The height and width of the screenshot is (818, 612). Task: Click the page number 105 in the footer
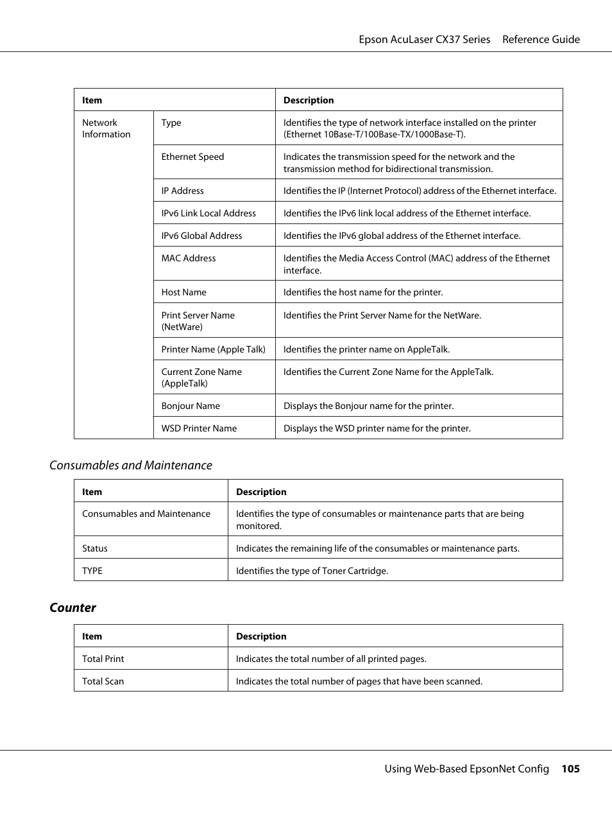coord(570,769)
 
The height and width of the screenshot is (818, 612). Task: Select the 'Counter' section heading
coord(72,607)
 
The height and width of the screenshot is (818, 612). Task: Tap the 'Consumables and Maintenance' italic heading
coord(131,466)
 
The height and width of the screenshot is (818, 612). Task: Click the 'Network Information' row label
coord(106,128)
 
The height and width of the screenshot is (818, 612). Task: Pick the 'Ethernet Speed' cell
coord(192,157)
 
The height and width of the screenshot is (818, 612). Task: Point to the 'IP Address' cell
coord(182,191)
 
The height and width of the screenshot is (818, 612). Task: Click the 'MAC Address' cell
coord(189,258)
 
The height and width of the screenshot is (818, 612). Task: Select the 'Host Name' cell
coord(183,292)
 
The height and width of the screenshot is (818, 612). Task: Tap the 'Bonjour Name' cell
coord(191,406)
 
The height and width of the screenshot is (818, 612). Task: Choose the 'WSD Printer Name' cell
coord(199,428)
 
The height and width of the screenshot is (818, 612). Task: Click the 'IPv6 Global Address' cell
coord(201,236)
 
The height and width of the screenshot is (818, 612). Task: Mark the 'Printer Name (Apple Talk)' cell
coord(213,349)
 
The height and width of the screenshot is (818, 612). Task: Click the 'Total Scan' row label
coord(103,681)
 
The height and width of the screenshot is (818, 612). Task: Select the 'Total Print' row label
coord(103,659)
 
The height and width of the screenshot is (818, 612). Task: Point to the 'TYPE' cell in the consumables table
coord(92,571)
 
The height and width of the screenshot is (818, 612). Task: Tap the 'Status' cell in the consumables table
coord(94,548)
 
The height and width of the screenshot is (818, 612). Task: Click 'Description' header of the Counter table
coord(261,636)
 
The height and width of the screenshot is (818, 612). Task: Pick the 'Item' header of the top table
coord(92,100)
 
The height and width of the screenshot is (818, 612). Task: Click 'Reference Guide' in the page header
coord(541,39)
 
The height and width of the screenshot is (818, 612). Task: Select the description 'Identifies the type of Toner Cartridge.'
coord(312,571)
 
